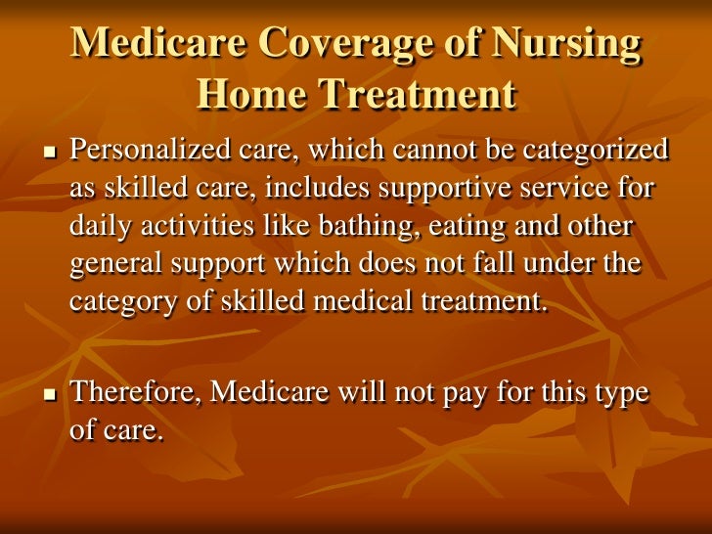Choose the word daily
coord(99,227)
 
